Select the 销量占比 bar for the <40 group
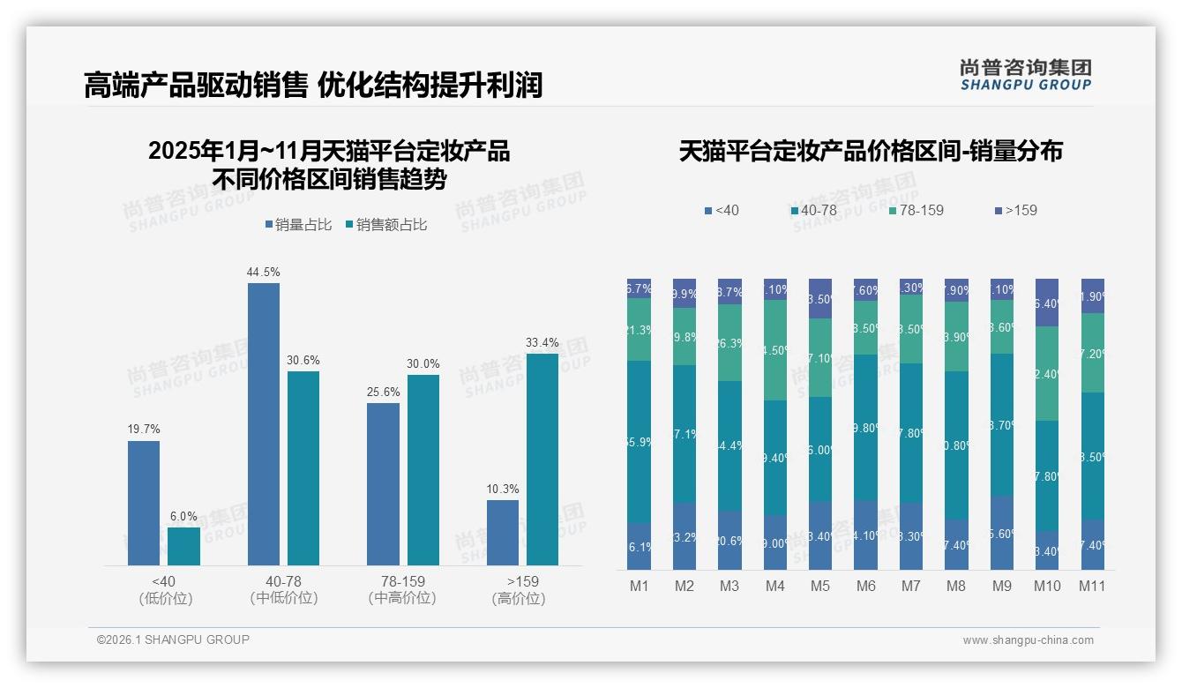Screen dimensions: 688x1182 tap(144, 503)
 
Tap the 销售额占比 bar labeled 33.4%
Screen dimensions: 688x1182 tap(542, 459)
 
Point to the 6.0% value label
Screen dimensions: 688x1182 tap(183, 517)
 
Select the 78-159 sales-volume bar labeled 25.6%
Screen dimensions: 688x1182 tap(383, 483)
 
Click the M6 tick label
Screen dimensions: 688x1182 tap(865, 587)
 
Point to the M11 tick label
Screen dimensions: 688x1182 tap(1092, 587)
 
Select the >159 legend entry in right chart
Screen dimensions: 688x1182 tap(1016, 211)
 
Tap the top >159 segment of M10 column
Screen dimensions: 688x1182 tap(1047, 303)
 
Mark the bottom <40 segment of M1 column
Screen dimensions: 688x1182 tap(639, 546)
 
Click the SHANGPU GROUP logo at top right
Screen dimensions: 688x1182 tap(1025, 75)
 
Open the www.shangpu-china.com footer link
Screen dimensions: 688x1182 tap(1028, 640)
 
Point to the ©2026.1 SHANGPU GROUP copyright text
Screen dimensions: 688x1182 tap(173, 639)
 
